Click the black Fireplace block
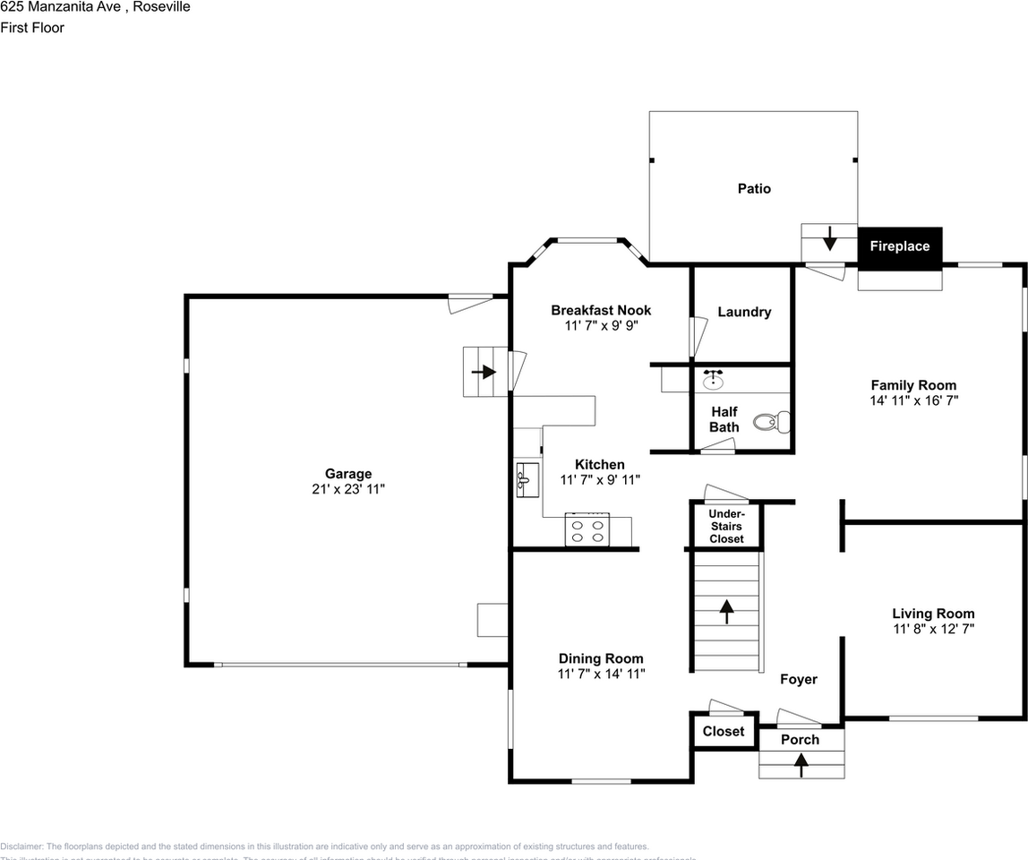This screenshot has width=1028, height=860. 900,247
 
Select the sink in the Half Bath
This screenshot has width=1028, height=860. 713,380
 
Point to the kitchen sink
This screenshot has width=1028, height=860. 527,480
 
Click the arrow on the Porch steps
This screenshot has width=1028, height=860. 801,761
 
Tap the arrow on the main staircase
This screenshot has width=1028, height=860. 726,611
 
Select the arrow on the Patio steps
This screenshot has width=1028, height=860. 829,237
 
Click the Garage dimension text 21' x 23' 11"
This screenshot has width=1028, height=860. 347,489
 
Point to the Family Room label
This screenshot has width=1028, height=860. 913,385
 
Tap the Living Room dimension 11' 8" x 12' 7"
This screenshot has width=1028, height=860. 933,629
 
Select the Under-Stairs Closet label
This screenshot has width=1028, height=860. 726,526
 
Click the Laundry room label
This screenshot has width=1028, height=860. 744,312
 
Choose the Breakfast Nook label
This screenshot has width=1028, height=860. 601,310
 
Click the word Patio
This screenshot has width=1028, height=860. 754,189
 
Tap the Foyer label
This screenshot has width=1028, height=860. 798,679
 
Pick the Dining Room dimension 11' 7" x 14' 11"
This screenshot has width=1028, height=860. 601,674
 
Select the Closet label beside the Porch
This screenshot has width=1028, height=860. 724,731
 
